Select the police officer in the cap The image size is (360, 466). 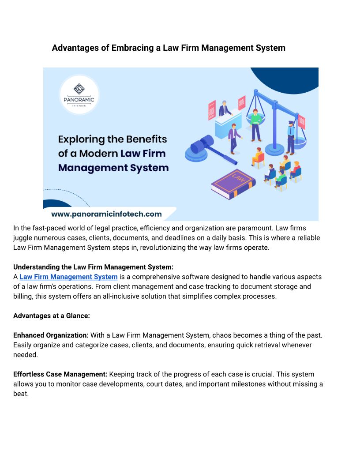291,137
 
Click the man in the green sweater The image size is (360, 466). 255,124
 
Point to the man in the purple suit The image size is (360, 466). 233,137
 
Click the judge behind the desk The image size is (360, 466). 224,108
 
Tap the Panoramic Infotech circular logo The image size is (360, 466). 79,94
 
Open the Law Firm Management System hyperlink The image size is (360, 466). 68,277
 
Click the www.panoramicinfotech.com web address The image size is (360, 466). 106,214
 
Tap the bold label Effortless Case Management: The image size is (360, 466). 60,374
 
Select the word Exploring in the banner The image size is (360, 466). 84,139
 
